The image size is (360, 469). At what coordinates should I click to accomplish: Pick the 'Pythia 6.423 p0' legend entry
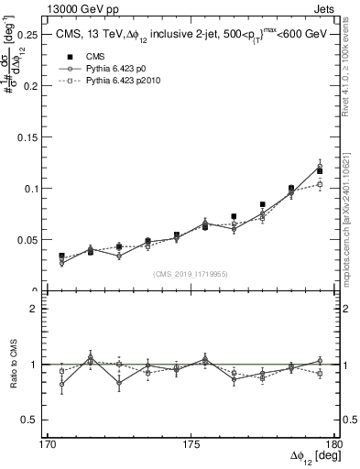119,68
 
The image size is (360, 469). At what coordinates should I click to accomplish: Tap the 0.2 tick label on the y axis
33,85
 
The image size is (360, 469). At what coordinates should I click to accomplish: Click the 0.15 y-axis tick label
29,136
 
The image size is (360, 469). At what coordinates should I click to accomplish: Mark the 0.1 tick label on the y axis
33,188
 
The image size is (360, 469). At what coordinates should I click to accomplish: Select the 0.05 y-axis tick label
29,239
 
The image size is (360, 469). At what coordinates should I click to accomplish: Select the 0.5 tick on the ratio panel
35,420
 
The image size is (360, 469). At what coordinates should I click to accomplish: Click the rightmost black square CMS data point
320,171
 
